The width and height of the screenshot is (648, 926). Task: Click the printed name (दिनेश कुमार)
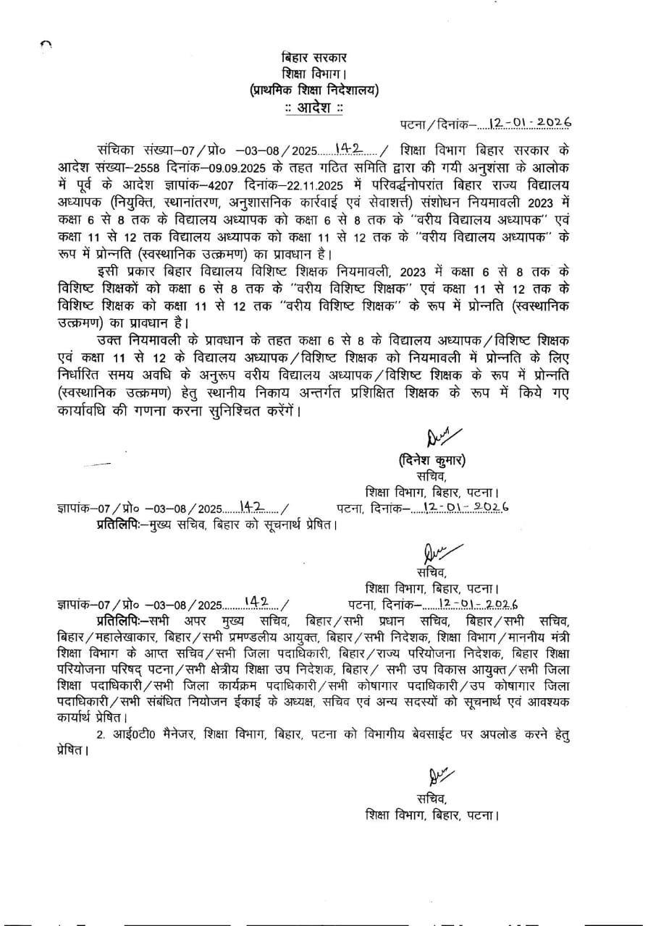coord(432,461)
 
